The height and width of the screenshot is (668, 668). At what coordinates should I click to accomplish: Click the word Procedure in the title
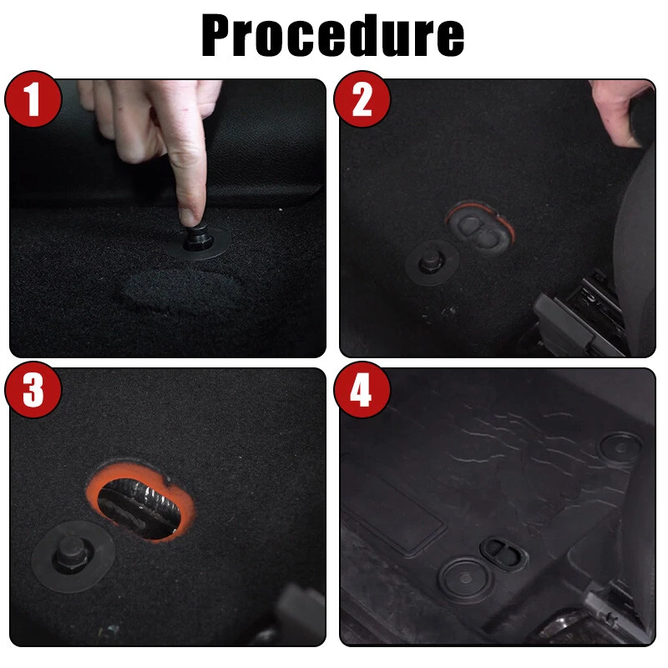point(332,35)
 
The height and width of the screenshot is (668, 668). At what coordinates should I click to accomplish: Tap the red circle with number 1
point(33,99)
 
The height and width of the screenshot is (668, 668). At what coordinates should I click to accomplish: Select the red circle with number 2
point(362,99)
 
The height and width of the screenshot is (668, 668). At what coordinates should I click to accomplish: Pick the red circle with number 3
point(33,389)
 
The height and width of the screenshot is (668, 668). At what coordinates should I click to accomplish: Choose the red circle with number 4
point(362,389)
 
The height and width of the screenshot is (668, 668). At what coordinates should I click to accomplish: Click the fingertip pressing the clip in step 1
point(190,216)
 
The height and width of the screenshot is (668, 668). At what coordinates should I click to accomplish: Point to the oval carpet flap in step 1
point(179,290)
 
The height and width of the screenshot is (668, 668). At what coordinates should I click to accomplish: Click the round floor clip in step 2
point(431,262)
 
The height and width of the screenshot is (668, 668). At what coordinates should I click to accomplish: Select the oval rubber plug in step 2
point(479,229)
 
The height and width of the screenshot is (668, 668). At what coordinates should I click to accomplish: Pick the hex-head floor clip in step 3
point(73,556)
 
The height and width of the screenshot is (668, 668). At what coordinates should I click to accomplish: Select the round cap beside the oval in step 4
point(466,579)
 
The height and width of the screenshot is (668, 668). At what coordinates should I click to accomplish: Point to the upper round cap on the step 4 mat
point(620,448)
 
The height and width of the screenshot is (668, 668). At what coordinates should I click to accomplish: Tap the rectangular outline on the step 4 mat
point(394,519)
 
